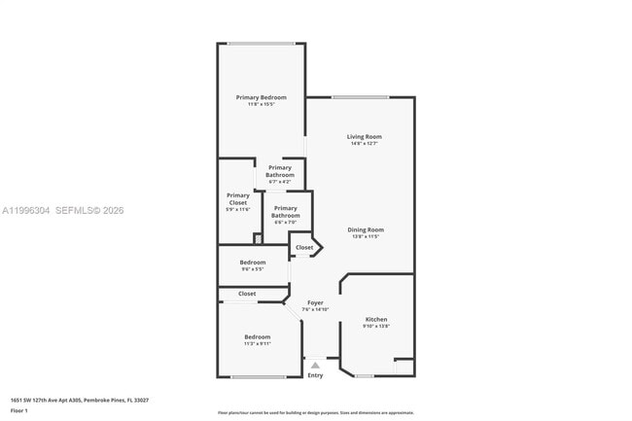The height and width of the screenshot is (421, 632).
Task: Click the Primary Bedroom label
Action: pyautogui.click(x=261, y=97)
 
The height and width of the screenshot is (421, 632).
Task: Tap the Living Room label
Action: pyautogui.click(x=364, y=136)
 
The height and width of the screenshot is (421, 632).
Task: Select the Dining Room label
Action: pyautogui.click(x=364, y=229)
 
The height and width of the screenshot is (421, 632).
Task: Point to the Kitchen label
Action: pyautogui.click(x=375, y=319)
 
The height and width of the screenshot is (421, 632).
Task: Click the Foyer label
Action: pyautogui.click(x=315, y=302)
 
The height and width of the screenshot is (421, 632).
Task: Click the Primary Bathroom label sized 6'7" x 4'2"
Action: pyautogui.click(x=279, y=171)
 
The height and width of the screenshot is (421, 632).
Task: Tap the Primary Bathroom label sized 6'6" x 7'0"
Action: pyautogui.click(x=285, y=211)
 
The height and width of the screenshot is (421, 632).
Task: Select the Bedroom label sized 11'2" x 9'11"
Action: pyautogui.click(x=257, y=336)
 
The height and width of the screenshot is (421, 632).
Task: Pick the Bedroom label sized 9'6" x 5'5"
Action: pyautogui.click(x=253, y=262)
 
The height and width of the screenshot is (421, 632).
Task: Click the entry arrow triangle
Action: pyautogui.click(x=315, y=365)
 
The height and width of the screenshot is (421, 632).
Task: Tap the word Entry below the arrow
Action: pyautogui.click(x=315, y=375)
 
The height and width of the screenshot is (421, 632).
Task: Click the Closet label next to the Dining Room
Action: pyautogui.click(x=304, y=247)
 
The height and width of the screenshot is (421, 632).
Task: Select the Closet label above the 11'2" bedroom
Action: pyautogui.click(x=247, y=293)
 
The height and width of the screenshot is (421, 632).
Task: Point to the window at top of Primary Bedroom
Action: pyautogui.click(x=262, y=43)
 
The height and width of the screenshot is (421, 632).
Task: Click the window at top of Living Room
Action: pyautogui.click(x=361, y=97)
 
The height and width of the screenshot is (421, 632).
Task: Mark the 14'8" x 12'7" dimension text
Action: pyautogui.click(x=364, y=144)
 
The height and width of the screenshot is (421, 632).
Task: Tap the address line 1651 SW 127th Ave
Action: pyautogui.click(x=80, y=400)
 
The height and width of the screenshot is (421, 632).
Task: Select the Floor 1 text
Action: pyautogui.click(x=19, y=410)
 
